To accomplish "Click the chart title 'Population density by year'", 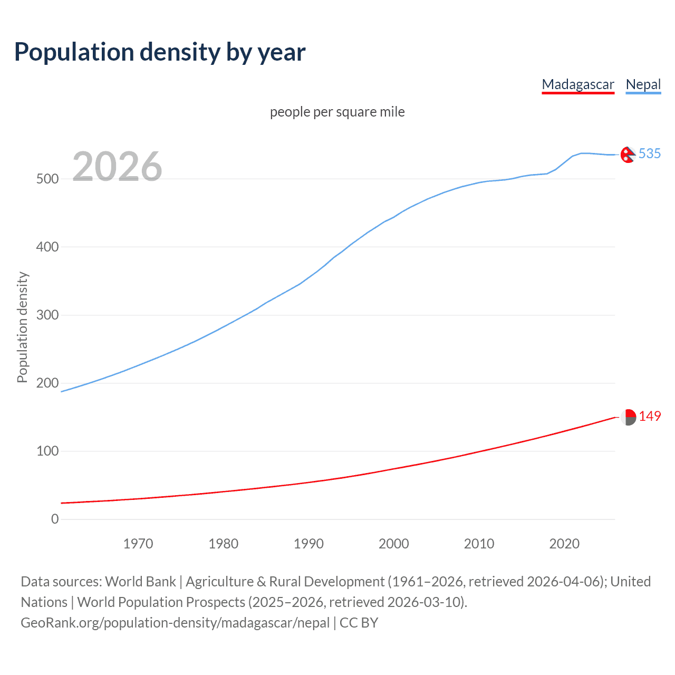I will pyautogui.click(x=160, y=52).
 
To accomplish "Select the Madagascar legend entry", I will pyautogui.click(x=578, y=84).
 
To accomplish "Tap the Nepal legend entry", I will pyautogui.click(x=643, y=84).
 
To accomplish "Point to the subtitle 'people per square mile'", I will pyautogui.click(x=337, y=112).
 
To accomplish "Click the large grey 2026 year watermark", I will pyautogui.click(x=117, y=167).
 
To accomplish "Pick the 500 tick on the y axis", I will pyautogui.click(x=47, y=179).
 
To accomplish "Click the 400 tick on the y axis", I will pyautogui.click(x=47, y=247).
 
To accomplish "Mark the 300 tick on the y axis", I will pyautogui.click(x=47, y=315).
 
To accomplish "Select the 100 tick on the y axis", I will pyautogui.click(x=47, y=451).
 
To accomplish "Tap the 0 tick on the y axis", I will pyautogui.click(x=55, y=519).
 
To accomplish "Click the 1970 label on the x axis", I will pyautogui.click(x=138, y=544).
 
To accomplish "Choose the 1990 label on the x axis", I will pyautogui.click(x=308, y=544).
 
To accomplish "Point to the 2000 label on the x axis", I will pyautogui.click(x=394, y=544).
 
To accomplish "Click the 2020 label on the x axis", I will pyautogui.click(x=564, y=544).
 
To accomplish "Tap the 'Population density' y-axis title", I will pyautogui.click(x=22, y=327).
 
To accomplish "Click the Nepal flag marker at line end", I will pyautogui.click(x=628, y=155).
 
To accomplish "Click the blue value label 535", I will pyautogui.click(x=650, y=153).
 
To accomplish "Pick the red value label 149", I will pyautogui.click(x=650, y=416).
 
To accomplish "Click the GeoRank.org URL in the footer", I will pyautogui.click(x=175, y=623).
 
